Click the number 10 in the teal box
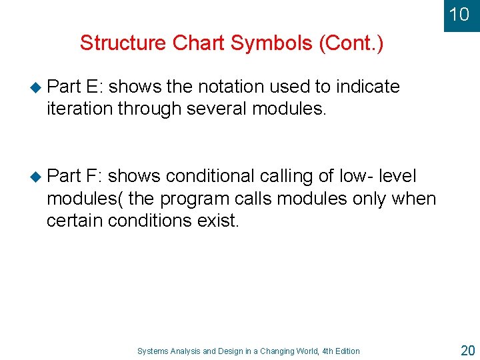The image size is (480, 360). pyautogui.click(x=459, y=14)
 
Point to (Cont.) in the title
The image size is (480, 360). pyautogui.click(x=351, y=43)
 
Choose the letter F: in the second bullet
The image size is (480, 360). pyautogui.click(x=94, y=176)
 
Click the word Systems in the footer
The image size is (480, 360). pyautogui.click(x=152, y=351)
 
